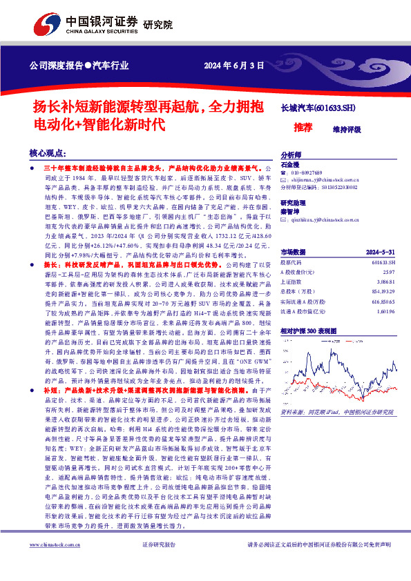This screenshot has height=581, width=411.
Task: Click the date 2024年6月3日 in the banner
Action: click(x=234, y=66)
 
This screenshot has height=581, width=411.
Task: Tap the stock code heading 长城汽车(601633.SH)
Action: click(x=318, y=108)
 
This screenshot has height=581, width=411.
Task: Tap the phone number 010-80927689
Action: click(x=307, y=173)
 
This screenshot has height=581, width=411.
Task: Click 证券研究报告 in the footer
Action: click(x=159, y=564)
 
